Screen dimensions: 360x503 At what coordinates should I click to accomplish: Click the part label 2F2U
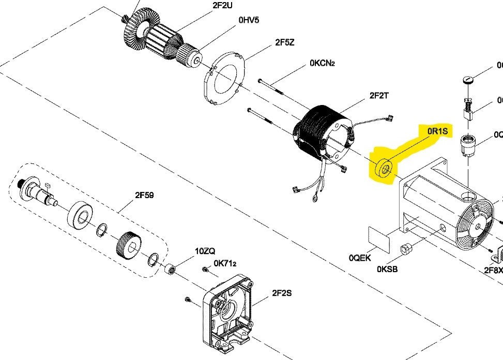tap(223, 6)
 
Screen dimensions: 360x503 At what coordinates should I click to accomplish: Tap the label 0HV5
tap(249, 20)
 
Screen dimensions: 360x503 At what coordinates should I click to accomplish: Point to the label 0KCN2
tap(322, 63)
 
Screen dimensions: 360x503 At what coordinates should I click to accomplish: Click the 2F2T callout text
tap(379, 96)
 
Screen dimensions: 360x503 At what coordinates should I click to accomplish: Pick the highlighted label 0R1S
tap(437, 131)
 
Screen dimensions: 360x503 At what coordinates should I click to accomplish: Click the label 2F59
tap(144, 195)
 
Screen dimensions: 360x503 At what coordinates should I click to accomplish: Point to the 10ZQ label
tap(205, 251)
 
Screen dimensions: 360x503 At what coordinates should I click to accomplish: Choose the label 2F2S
tap(282, 293)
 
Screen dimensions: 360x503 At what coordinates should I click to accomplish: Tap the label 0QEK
tap(360, 258)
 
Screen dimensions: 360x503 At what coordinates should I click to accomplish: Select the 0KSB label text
tap(387, 269)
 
